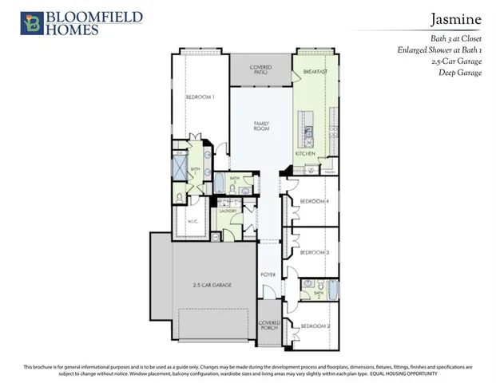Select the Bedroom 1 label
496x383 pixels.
tap(200, 97)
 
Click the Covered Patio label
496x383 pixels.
tap(260, 70)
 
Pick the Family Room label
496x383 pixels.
tap(261, 126)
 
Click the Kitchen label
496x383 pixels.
tap(306, 153)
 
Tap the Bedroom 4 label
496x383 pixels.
tap(315, 201)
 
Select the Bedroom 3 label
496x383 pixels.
tap(315, 252)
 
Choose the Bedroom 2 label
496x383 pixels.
tap(315, 326)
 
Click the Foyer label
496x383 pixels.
tap(268, 274)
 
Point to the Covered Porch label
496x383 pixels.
tap(269, 326)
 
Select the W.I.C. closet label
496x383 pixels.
tap(192, 222)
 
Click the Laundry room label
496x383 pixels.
tap(230, 211)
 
